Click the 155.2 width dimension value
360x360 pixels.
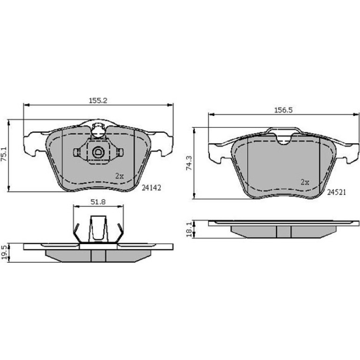point(98,101)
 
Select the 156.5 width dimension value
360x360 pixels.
point(283,110)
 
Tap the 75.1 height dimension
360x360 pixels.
point(4,154)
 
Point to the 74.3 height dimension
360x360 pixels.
point(189,163)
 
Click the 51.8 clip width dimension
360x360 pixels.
point(98,202)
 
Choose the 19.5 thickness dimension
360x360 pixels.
point(4,252)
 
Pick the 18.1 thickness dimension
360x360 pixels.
point(189,229)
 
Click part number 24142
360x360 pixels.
point(151,188)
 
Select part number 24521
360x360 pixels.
point(336,192)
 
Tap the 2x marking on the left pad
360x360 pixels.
point(119,176)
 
